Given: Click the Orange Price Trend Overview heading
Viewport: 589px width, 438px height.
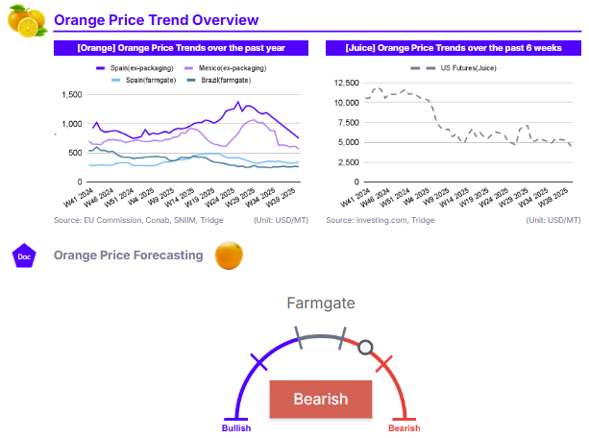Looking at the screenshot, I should click(156, 20).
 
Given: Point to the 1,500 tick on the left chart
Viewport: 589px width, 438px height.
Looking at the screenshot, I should click(70, 94).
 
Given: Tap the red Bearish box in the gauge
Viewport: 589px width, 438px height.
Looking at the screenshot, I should click(320, 399).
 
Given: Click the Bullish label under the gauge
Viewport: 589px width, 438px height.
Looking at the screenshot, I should click(236, 428).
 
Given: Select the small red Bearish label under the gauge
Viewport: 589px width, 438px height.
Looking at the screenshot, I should click(404, 428).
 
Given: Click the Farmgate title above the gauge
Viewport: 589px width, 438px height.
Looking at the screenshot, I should click(320, 304).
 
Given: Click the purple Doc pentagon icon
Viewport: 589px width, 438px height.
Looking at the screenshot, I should click(25, 255).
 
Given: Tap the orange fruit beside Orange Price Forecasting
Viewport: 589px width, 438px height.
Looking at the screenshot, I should click(228, 255).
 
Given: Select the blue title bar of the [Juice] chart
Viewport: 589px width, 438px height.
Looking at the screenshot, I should click(453, 47).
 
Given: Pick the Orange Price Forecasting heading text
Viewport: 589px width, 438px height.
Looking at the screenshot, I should click(129, 255).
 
